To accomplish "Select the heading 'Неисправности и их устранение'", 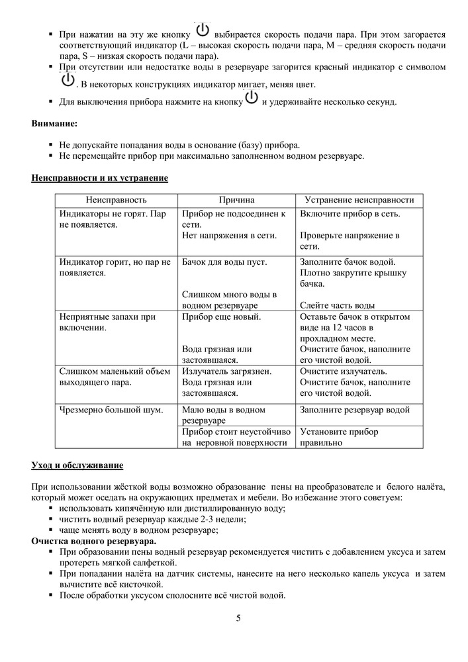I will (x=99, y=178).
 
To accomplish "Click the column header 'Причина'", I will (x=236, y=200).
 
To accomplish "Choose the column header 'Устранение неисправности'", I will (x=359, y=200).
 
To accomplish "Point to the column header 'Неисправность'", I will (x=115, y=200).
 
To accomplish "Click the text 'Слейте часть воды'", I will (x=337, y=305).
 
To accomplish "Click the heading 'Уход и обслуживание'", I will (x=77, y=465).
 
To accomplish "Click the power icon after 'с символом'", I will (x=67, y=81).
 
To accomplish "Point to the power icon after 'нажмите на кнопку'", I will (x=252, y=100).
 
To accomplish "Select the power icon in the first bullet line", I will (x=203, y=30).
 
